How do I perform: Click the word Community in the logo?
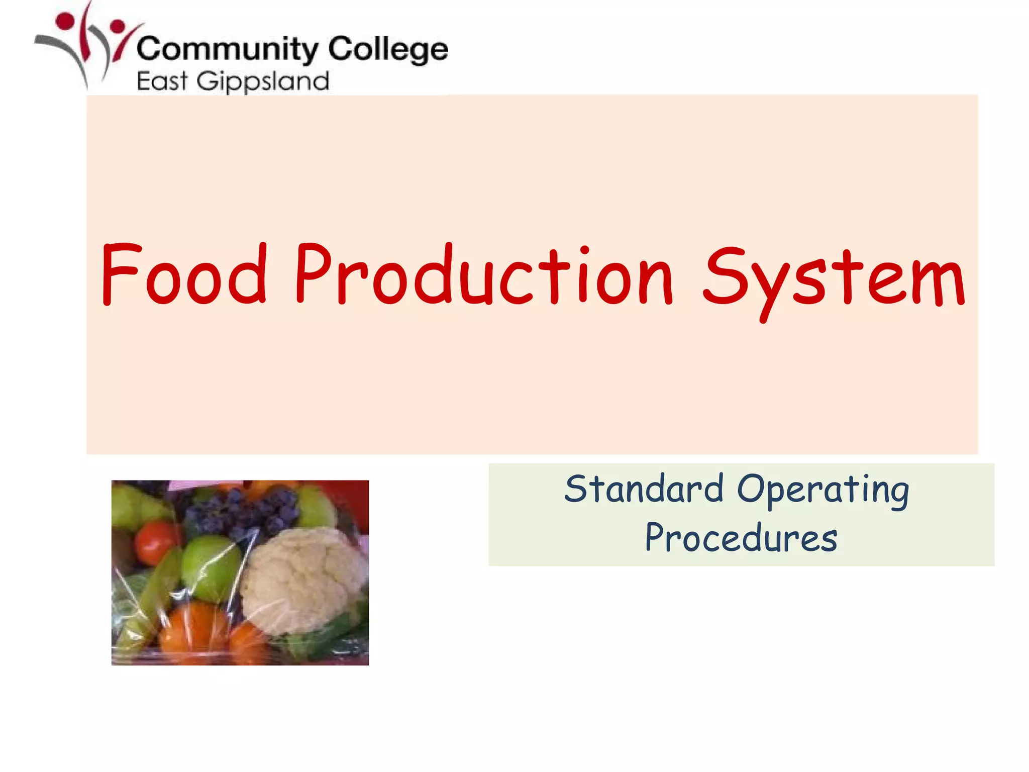point(227,50)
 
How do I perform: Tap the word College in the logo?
point(388,50)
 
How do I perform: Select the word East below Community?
point(162,81)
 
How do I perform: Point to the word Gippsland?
point(263,82)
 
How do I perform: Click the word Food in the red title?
point(183,274)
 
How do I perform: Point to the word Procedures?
point(741,538)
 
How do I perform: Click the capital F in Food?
point(120,273)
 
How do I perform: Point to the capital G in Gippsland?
point(206,81)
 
